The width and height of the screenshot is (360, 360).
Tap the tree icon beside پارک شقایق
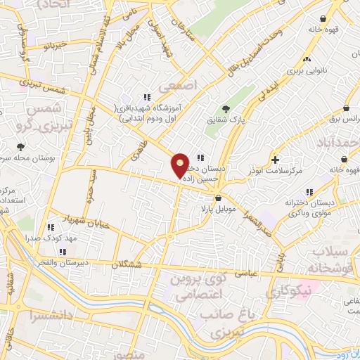(225, 108)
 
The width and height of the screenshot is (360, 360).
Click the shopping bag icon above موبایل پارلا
(220, 179)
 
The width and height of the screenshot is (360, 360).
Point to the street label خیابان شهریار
(70, 216)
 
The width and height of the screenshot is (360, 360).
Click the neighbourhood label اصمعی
(174, 86)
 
